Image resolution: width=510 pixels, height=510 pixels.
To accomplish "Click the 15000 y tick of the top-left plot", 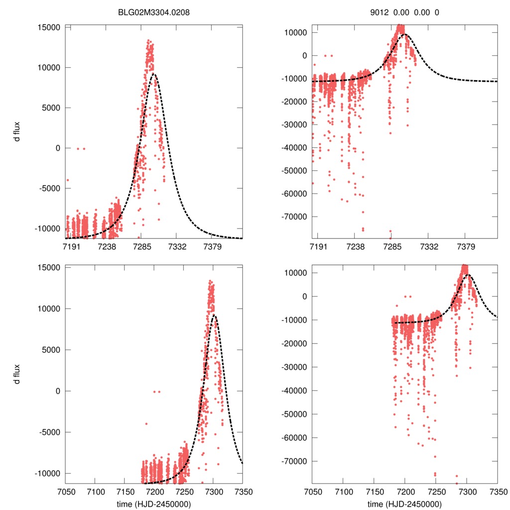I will [49, 27].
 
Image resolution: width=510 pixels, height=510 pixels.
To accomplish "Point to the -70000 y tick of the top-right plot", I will [294, 217].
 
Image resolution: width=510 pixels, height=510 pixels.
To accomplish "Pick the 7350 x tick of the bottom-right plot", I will [498, 492].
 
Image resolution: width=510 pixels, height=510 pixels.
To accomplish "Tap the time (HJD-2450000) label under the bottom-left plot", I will [154, 504].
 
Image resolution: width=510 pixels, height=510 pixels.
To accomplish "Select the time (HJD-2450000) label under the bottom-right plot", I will [405, 504].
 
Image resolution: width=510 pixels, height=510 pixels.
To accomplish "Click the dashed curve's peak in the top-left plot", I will [154, 74].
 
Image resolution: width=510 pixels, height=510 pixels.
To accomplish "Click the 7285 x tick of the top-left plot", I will [141, 247].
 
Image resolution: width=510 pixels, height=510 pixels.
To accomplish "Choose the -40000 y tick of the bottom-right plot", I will [294, 390].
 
